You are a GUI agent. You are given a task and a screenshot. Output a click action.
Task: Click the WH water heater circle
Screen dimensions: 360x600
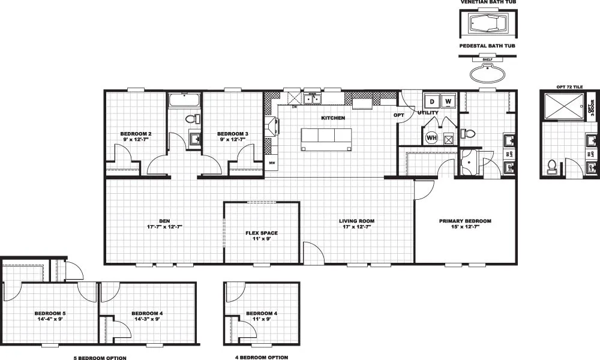coord(431,137)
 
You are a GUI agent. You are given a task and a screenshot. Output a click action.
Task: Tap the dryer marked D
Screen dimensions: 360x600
coord(431,101)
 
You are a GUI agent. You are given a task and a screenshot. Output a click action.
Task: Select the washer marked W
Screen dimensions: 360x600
coord(448,101)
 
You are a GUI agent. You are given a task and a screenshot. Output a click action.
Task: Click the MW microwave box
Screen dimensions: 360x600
coord(272,163)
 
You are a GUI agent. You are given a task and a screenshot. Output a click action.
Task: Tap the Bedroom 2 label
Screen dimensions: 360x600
coord(135,133)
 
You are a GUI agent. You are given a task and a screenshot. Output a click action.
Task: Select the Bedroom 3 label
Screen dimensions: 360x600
coord(232,133)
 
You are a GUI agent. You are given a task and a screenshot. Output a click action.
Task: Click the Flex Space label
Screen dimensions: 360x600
coord(262,233)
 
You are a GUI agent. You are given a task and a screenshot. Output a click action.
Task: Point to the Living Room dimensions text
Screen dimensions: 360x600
coord(352,227)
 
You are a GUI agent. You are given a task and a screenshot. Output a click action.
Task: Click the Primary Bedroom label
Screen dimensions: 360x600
coord(465,221)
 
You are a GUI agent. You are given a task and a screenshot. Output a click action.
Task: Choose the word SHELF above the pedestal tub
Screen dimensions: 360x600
coord(487,59)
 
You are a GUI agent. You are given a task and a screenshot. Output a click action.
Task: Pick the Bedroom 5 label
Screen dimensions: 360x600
coord(50,313)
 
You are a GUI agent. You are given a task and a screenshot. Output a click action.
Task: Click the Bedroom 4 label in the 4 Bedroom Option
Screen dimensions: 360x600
coord(262,313)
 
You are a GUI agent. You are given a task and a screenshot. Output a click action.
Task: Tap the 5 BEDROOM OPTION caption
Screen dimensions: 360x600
coord(100,358)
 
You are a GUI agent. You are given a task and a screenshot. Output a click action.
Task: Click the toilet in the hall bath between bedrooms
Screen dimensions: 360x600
coord(191,118)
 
